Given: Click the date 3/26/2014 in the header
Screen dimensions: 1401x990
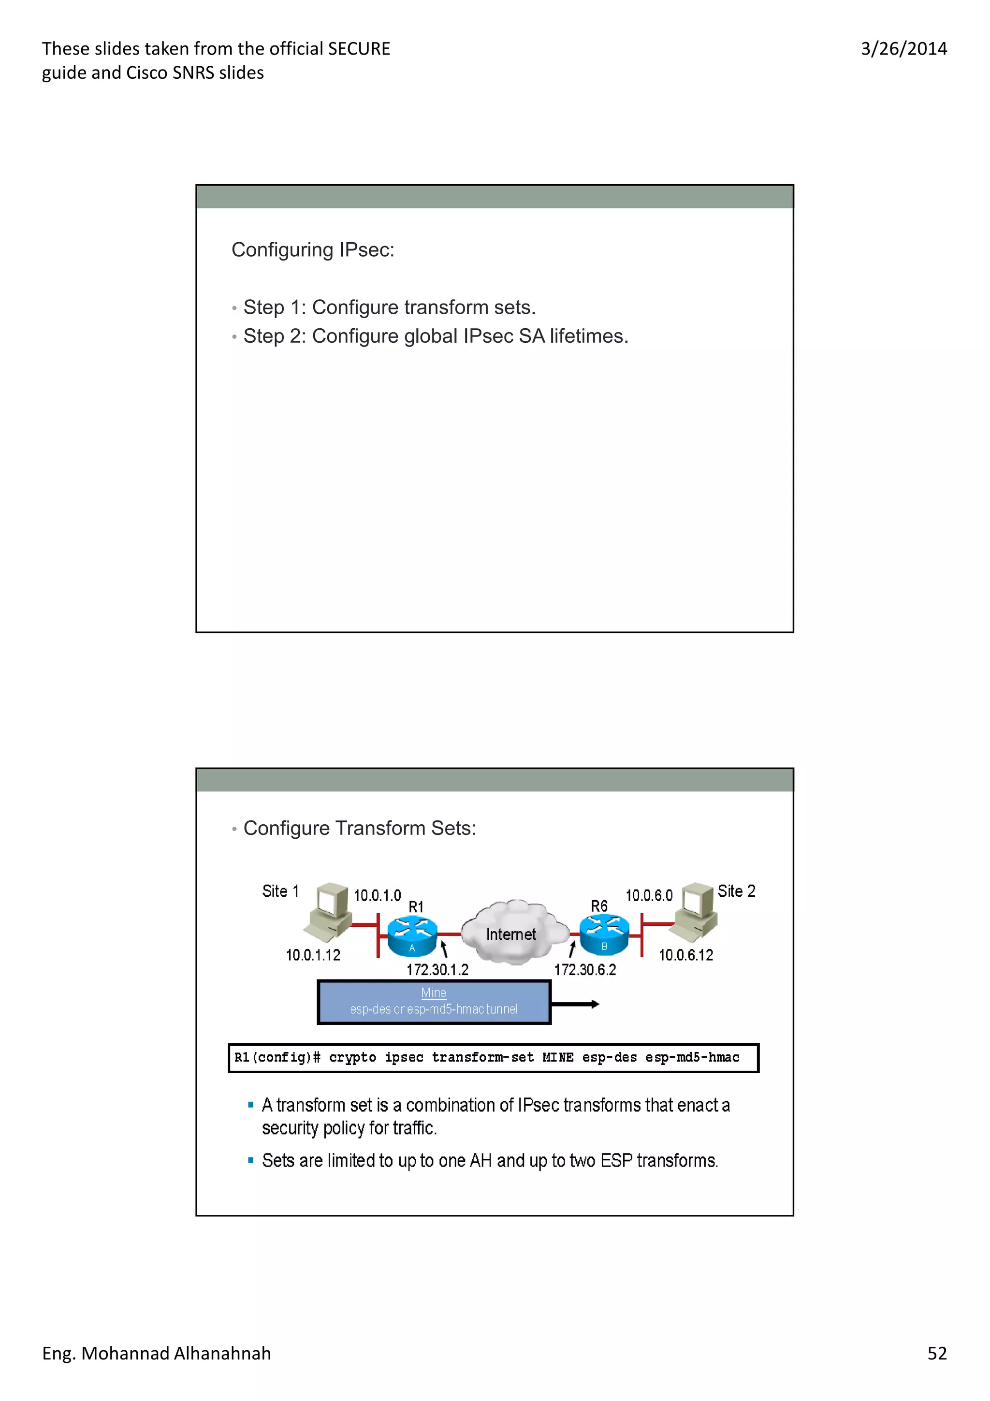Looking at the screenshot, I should tap(903, 49).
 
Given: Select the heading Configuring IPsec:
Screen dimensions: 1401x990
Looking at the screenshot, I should tap(313, 249).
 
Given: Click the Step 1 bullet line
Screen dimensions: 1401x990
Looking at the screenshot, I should tap(389, 307).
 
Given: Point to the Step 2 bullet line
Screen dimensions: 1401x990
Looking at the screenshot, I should tap(436, 336).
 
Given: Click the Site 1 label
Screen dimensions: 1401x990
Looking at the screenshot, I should tap(280, 891).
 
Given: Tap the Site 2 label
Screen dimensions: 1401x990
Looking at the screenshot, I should tap(736, 891).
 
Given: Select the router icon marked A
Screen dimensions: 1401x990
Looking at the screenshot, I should tap(412, 936).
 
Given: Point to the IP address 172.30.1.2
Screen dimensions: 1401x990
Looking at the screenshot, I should tap(437, 970).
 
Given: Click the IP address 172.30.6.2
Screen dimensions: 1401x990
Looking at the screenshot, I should tap(585, 970).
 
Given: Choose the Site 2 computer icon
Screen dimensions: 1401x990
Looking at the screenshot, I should tap(694, 911).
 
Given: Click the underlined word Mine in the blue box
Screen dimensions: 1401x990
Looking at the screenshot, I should tap(434, 993).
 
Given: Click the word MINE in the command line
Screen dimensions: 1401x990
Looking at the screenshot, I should tap(557, 1057).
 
